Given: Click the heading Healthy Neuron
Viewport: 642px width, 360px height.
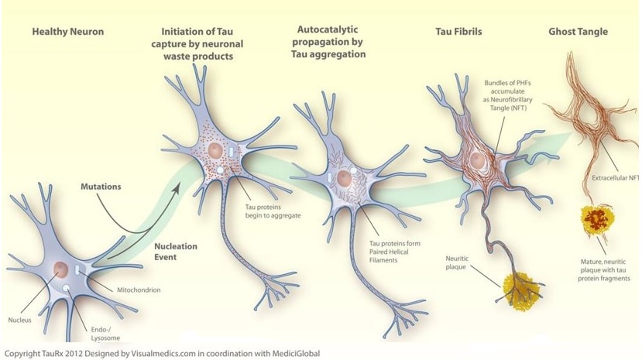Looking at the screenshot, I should pos(67,32).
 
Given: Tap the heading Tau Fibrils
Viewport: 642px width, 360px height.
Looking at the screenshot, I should pos(456,32).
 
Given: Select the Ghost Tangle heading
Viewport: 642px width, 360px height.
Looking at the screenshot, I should pos(578,32).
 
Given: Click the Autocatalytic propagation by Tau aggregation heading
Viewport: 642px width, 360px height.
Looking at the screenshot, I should pos(331,42).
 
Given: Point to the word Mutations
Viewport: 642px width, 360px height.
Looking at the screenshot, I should pos(101,187).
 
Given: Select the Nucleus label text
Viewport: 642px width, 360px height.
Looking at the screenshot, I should pos(20,319).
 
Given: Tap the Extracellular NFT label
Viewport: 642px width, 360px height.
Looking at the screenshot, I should pos(615,178).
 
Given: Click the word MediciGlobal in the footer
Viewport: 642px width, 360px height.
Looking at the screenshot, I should pos(293,354).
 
